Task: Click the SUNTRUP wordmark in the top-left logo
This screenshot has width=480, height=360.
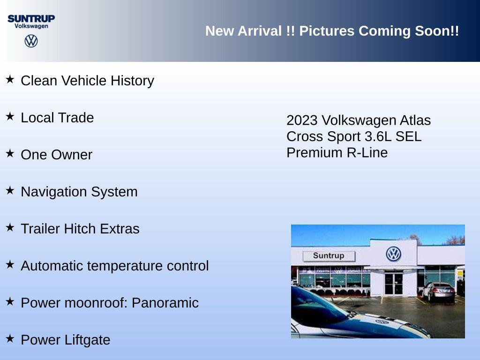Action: [x=31, y=18]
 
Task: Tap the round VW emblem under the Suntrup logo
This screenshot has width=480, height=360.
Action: [x=31, y=41]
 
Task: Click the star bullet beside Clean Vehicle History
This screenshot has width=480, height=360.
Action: [x=10, y=79]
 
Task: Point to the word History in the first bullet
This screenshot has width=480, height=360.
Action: [x=132, y=81]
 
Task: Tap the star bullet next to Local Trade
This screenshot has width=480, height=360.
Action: [x=10, y=116]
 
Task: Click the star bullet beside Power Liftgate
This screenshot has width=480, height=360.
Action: [x=10, y=338]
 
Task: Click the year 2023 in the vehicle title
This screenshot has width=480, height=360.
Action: [x=302, y=120]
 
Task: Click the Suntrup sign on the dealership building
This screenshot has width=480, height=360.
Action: [x=329, y=256]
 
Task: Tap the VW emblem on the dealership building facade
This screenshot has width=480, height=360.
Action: [x=393, y=254]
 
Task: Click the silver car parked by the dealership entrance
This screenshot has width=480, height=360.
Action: [x=438, y=292]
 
